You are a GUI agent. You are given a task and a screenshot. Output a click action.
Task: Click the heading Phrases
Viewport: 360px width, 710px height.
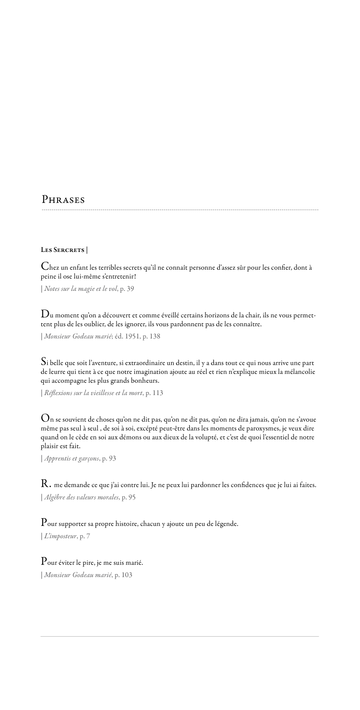[63, 200]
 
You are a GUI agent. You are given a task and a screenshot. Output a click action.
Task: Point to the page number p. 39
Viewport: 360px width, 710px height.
[127, 289]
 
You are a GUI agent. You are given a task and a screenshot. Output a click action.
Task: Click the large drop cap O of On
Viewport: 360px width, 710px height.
[45, 419]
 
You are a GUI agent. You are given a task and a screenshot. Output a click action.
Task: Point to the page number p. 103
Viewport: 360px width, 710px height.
[123, 575]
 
